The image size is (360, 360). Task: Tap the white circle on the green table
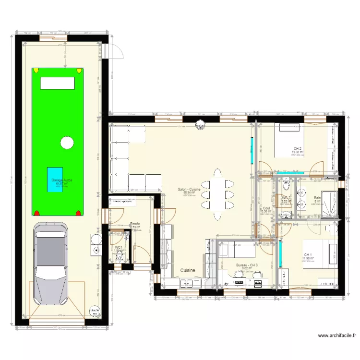pyautogui.click(x=67, y=142)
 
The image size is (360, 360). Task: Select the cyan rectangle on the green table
pyautogui.click(x=54, y=180)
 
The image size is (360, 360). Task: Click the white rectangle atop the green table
pyautogui.click(x=58, y=83)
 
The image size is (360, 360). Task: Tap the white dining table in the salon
pyautogui.click(x=218, y=190)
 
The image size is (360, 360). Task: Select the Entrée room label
pyautogui.click(x=135, y=224)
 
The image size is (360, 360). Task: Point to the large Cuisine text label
pyautogui.click(x=188, y=271)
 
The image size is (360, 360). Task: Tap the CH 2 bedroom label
pyautogui.click(x=298, y=149)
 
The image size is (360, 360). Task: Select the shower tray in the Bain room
pyautogui.click(x=329, y=204)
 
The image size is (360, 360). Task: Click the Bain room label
pyautogui.click(x=317, y=198)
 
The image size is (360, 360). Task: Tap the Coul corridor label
pyautogui.click(x=266, y=208)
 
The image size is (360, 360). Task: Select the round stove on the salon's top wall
pyautogui.click(x=199, y=125)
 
